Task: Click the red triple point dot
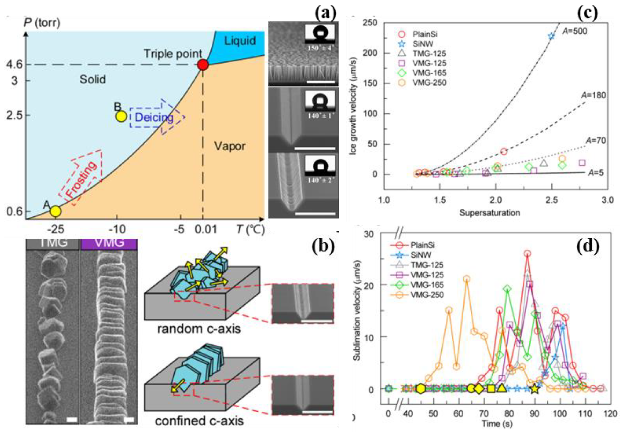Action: coord(203,65)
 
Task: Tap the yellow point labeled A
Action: coord(56,211)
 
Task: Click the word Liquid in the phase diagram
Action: coord(240,41)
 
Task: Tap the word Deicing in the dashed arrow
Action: coord(154,117)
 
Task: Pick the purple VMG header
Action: coord(109,243)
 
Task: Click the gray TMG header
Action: coord(53,243)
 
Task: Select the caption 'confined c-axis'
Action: coord(199,421)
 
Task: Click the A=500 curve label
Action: coord(575,31)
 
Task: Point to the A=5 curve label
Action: coord(596,172)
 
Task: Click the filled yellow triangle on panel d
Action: coord(502,388)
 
